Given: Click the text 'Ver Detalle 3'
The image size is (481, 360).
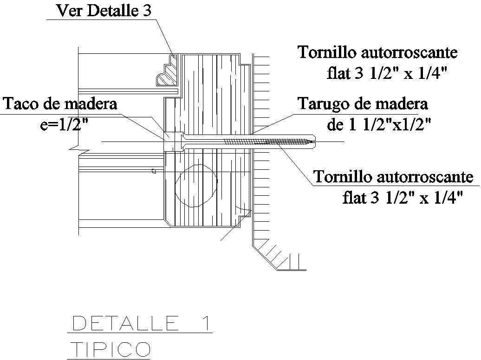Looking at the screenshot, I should [x=104, y=11].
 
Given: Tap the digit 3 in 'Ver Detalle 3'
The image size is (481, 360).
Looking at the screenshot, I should [x=146, y=11].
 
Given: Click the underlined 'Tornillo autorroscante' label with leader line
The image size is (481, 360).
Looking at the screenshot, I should [x=393, y=177].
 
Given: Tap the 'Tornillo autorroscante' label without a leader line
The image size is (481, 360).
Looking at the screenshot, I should [x=377, y=52].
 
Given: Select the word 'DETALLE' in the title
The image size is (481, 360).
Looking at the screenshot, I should [x=125, y=323].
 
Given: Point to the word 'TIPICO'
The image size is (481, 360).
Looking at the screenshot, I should [x=110, y=348].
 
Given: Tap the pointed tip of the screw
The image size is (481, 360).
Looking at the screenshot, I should [x=314, y=140].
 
